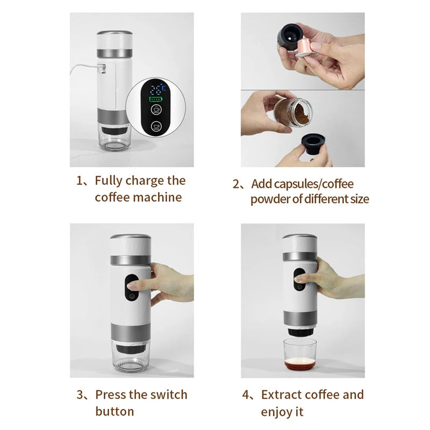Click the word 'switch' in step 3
click(164, 395)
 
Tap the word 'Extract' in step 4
click(281, 395)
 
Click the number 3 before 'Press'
click(80, 395)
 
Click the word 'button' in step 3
click(114, 412)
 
